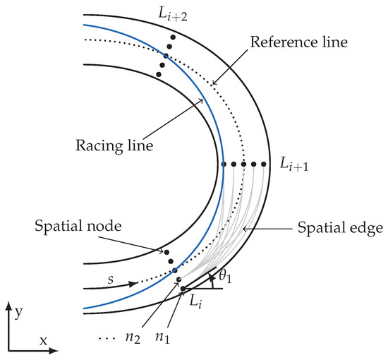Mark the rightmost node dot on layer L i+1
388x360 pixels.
(264, 164)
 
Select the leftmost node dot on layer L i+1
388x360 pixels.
(224, 164)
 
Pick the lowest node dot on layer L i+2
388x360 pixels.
(160, 73)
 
